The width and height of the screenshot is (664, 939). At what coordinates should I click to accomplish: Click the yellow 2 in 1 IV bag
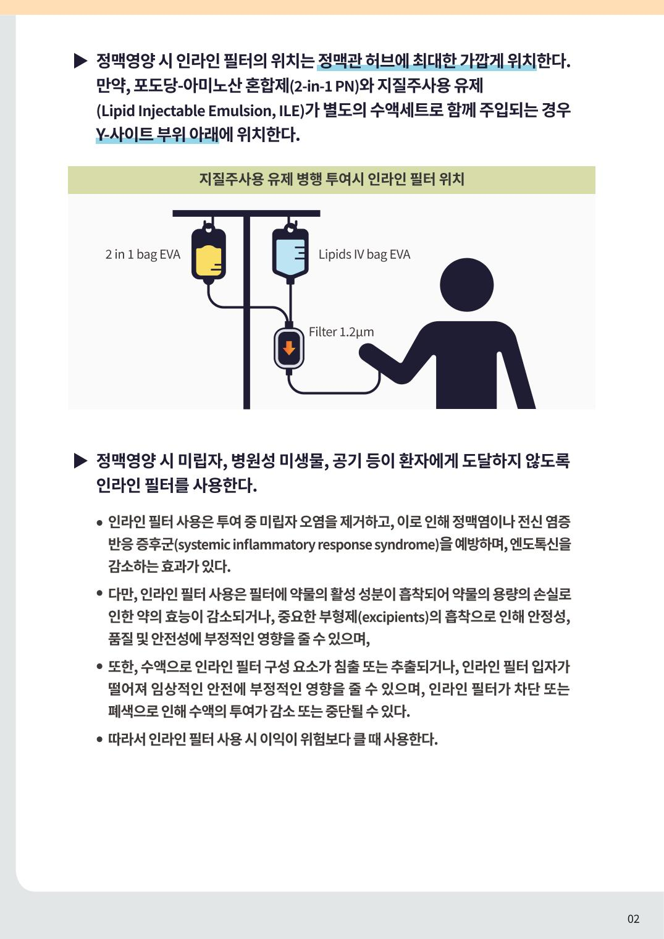tap(208, 253)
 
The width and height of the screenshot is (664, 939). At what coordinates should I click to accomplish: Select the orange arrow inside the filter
tap(289, 348)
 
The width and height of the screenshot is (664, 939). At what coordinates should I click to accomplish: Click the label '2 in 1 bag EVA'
tap(143, 255)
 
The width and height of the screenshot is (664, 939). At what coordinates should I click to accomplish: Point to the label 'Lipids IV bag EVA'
tap(364, 255)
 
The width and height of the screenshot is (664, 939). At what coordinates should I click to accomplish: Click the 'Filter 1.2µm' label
tap(341, 332)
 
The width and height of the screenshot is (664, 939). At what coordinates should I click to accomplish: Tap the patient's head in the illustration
tap(466, 285)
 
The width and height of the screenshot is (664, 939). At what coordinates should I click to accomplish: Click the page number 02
tap(633, 919)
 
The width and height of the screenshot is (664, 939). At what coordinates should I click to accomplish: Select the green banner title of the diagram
tap(332, 179)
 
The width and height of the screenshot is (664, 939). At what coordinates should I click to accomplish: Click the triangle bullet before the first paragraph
tap(80, 61)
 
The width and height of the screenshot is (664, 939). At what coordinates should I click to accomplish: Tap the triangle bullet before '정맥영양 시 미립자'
tap(80, 461)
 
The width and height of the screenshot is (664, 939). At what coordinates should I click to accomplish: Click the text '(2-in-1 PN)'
tap(326, 86)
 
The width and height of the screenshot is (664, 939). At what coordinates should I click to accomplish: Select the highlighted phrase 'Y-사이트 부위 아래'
tap(157, 134)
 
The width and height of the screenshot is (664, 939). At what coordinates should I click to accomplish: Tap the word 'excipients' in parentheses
tap(393, 617)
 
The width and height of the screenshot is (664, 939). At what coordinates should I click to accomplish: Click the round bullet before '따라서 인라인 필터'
tap(99, 739)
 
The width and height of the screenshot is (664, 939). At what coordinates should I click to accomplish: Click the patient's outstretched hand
tap(368, 352)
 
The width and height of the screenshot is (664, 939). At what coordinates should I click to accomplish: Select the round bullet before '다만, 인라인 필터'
tap(99, 593)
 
